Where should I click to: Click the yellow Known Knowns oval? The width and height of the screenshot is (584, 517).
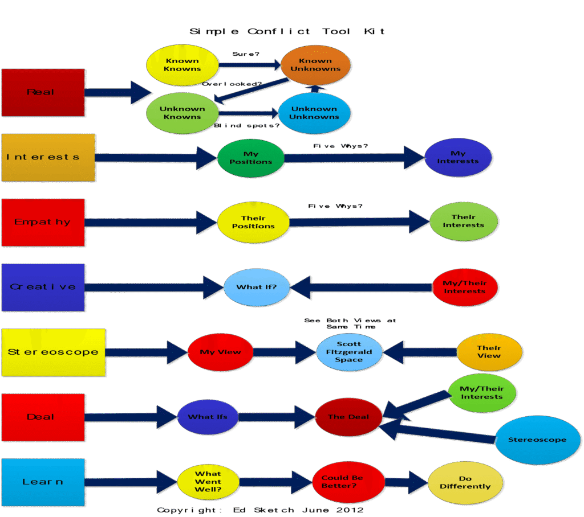tap(182, 65)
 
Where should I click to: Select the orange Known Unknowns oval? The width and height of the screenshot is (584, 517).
tap(315, 65)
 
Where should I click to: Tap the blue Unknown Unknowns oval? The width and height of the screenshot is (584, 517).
tap(314, 113)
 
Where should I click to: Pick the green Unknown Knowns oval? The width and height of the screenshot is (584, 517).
tap(182, 113)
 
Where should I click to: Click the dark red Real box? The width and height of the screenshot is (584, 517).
tap(43, 92)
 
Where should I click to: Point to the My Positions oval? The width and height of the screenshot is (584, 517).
tap(251, 158)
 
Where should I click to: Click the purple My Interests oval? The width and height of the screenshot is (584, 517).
tap(458, 157)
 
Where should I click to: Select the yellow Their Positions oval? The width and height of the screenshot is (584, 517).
tap(254, 222)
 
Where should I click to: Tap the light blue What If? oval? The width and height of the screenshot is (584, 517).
tap(257, 287)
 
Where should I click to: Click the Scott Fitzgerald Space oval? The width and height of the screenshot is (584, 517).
tap(349, 352)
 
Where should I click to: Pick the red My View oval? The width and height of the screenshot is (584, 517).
tap(220, 352)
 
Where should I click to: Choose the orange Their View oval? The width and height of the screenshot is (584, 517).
tap(489, 352)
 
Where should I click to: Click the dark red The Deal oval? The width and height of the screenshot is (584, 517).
tap(348, 417)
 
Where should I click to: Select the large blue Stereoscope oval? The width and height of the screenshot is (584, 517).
tap(537, 440)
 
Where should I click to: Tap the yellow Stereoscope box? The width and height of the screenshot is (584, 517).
tap(53, 352)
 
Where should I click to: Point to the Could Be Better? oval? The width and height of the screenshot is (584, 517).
tap(348, 482)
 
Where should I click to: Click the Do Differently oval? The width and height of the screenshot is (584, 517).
tap(465, 482)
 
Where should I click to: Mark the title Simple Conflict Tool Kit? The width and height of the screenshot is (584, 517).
tap(287, 31)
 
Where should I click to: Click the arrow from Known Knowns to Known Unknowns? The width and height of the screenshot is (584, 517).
tap(251, 66)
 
